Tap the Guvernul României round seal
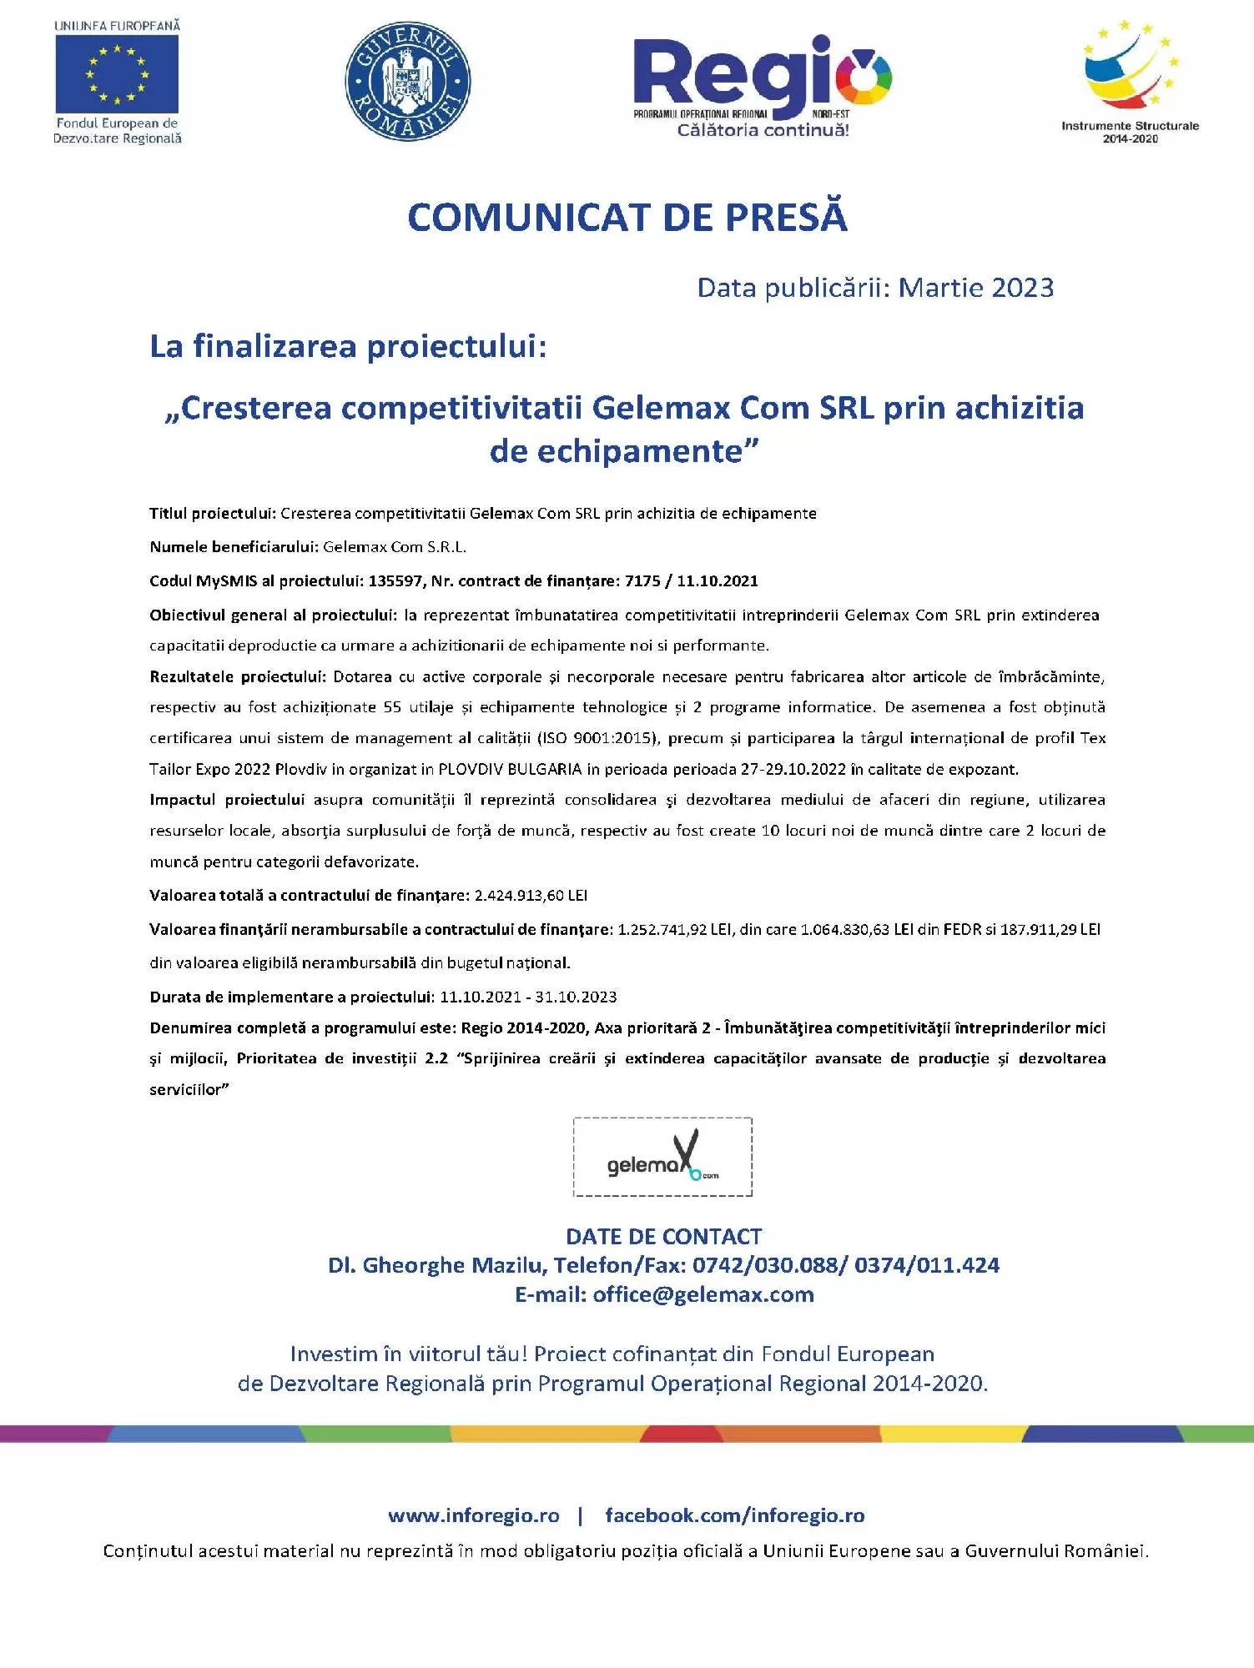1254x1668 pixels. pyautogui.click(x=408, y=81)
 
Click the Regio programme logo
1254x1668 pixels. pyautogui.click(x=763, y=83)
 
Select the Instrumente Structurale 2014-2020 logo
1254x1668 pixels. pyautogui.click(x=1130, y=79)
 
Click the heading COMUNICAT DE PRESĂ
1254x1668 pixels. pyautogui.click(x=627, y=217)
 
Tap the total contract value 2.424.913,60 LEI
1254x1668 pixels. pyautogui.click(x=531, y=895)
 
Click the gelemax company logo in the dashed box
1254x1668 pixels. pyautogui.click(x=662, y=1157)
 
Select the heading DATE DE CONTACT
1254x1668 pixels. pyautogui.click(x=664, y=1236)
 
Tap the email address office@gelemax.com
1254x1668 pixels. pyautogui.click(x=703, y=1294)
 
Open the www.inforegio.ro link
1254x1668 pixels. pyautogui.click(x=473, y=1515)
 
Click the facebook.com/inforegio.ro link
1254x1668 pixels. pyautogui.click(x=735, y=1515)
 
